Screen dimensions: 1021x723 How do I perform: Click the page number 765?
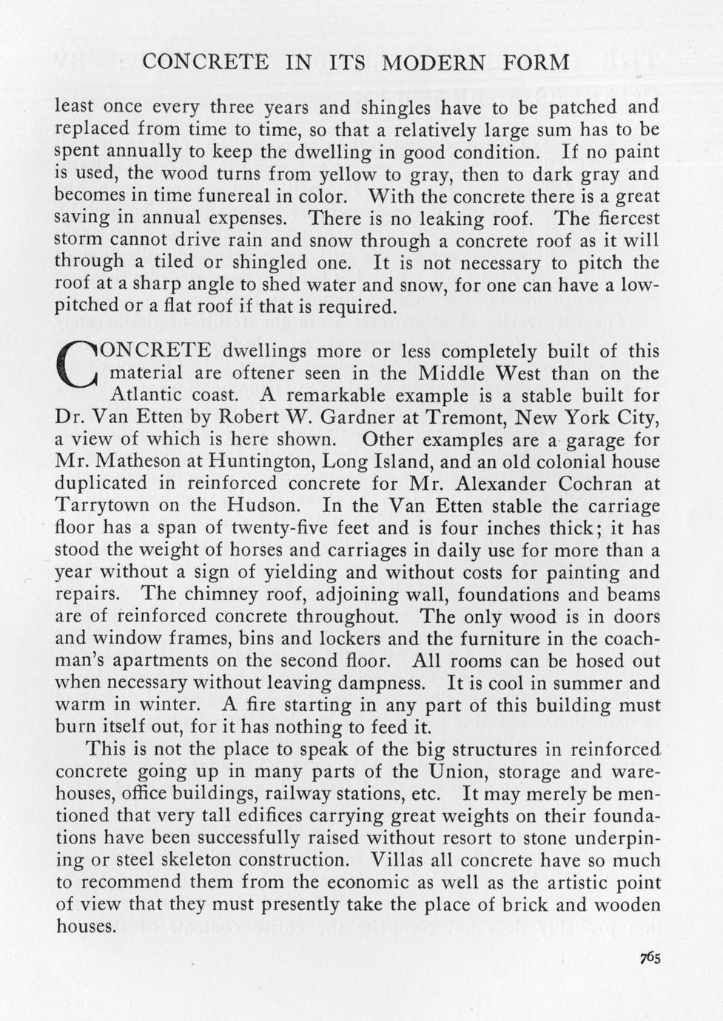(x=650, y=957)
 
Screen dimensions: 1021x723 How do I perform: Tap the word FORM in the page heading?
(x=537, y=63)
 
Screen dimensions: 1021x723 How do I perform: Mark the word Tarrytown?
(x=101, y=507)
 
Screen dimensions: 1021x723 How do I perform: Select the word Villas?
(x=399, y=860)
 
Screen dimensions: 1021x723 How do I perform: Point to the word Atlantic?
(x=140, y=395)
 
